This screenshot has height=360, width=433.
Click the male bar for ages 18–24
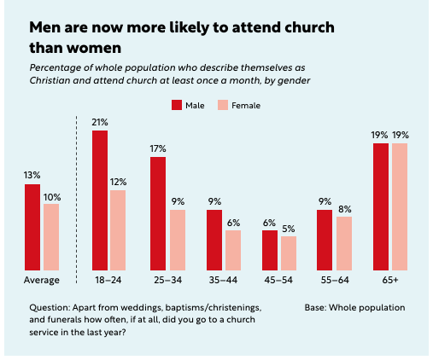[x=100, y=200]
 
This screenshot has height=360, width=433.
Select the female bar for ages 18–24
[x=118, y=229]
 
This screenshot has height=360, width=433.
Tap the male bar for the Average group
[x=32, y=226]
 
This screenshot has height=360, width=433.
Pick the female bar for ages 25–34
[x=177, y=239]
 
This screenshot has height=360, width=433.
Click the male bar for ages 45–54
[x=269, y=249]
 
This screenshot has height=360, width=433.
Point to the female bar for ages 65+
[x=399, y=206]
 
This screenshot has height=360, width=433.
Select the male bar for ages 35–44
[x=214, y=239]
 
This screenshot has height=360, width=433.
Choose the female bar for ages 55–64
[x=344, y=242]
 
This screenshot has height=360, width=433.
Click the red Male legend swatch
[x=177, y=105]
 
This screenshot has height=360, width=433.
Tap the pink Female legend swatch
[x=220, y=105]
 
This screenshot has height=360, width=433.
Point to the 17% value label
[x=158, y=149]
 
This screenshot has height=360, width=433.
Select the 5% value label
[x=288, y=229]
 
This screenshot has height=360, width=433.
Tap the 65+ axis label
[x=389, y=280]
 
